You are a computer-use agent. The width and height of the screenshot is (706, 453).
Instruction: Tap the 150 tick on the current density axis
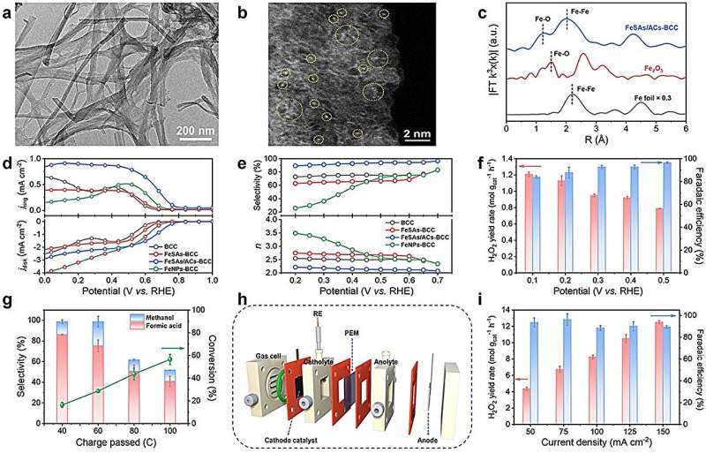[x=658, y=426]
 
